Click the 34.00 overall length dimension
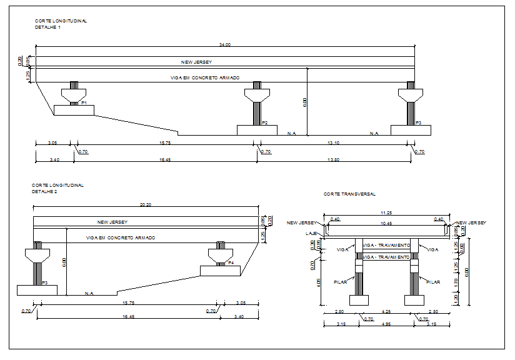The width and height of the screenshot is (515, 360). pyautogui.click(x=225, y=44)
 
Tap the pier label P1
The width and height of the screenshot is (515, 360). pyautogui.click(x=83, y=102)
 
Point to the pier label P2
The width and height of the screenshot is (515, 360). pyautogui.click(x=265, y=122)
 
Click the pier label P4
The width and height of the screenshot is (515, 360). pyautogui.click(x=231, y=262)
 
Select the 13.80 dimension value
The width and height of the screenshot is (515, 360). pyautogui.click(x=334, y=160)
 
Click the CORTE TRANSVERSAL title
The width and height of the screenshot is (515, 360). pyautogui.click(x=349, y=194)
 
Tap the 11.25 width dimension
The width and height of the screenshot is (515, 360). pyautogui.click(x=386, y=212)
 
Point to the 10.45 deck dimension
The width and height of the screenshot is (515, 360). pyautogui.click(x=386, y=223)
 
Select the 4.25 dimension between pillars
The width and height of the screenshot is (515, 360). pyautogui.click(x=386, y=311)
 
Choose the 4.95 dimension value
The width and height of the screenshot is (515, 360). pyautogui.click(x=386, y=324)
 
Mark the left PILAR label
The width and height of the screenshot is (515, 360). pyautogui.click(x=341, y=282)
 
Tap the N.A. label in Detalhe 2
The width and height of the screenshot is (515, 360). pyautogui.click(x=89, y=293)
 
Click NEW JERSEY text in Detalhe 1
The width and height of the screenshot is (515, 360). pyautogui.click(x=197, y=62)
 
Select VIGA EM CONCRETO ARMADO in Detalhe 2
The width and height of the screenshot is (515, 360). pyautogui.click(x=120, y=238)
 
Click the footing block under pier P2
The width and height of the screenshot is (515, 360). pyautogui.click(x=257, y=130)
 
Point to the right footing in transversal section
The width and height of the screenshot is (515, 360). pyautogui.click(x=414, y=300)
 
